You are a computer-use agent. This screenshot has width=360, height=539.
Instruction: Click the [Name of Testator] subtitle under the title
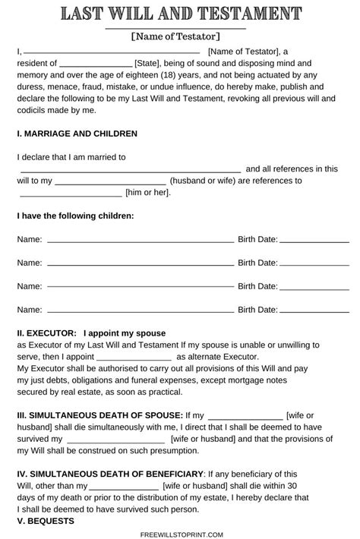pyautogui.click(x=175, y=36)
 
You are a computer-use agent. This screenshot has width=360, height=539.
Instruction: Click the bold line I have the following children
pyautogui.click(x=75, y=216)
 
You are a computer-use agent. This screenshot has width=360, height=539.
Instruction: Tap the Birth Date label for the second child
pyautogui.click(x=257, y=263)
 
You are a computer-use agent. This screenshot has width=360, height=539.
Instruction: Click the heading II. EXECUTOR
pyautogui.click(x=46, y=333)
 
